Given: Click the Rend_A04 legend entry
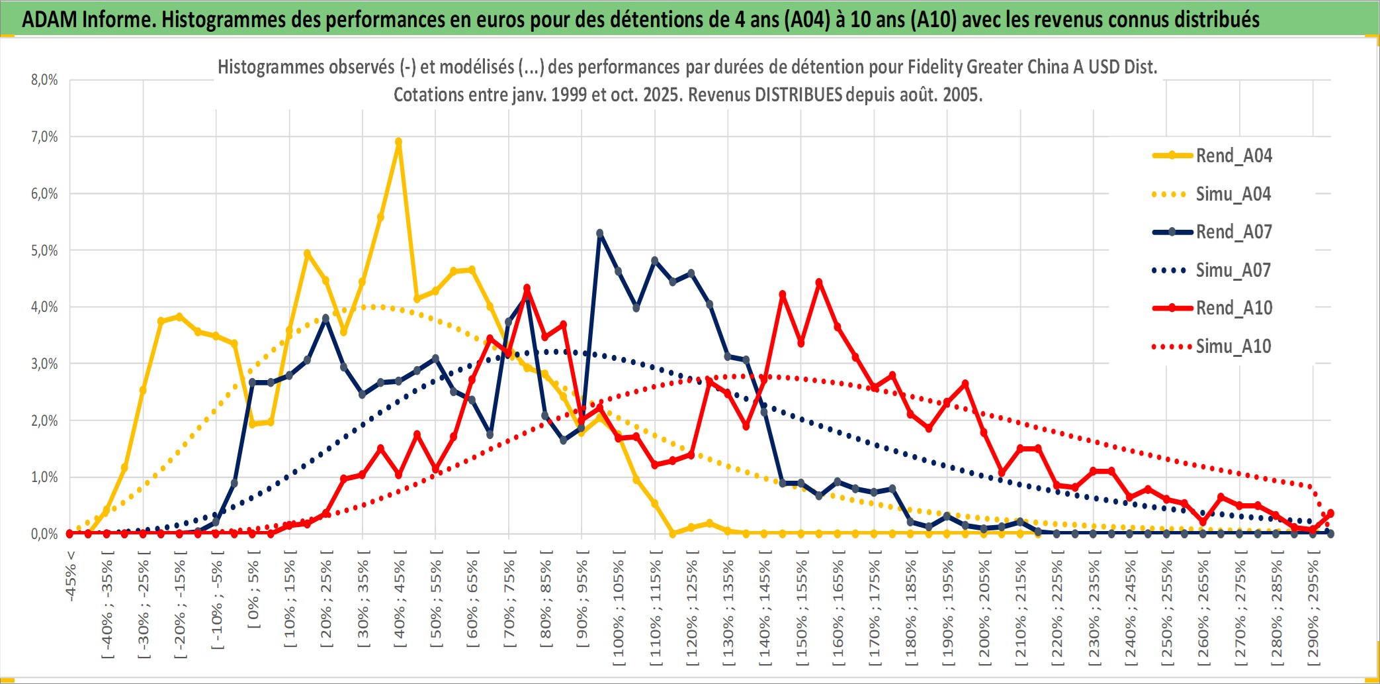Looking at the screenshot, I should click(x=1233, y=156).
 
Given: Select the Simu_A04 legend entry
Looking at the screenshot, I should click(x=1233, y=194).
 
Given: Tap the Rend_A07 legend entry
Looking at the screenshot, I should click(x=1233, y=232).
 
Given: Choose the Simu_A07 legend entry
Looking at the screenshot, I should click(x=1233, y=270).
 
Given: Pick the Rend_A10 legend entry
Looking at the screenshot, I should click(x=1233, y=308).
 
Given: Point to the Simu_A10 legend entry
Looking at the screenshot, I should click(x=1233, y=346).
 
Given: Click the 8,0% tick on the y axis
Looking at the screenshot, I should click(x=44, y=80).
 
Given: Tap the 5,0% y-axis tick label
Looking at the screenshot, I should click(x=44, y=250).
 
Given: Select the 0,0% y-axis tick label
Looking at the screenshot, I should click(x=44, y=534).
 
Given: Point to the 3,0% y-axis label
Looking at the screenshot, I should click(x=44, y=364).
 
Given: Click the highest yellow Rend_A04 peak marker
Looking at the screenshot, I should click(x=398, y=141).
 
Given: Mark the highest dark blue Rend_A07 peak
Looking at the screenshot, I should click(x=600, y=233).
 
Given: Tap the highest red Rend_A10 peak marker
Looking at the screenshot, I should click(x=819, y=282).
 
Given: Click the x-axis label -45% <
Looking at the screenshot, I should click(x=71, y=576).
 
